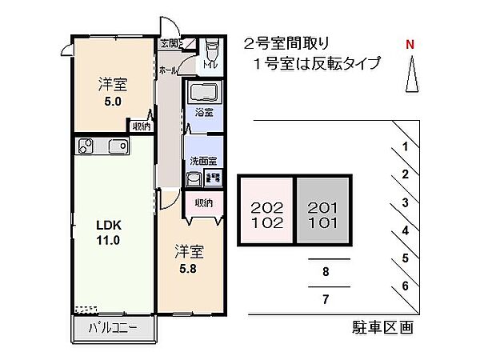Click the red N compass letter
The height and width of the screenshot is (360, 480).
point(410,45)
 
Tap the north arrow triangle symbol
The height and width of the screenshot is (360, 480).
point(410,78)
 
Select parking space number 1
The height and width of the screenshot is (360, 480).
point(406,146)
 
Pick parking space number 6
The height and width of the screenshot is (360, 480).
point(406,286)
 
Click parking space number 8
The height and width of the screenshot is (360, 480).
point(326,272)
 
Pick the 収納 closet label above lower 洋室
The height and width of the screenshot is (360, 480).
point(203,203)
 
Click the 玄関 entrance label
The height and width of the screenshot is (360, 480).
point(170,43)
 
